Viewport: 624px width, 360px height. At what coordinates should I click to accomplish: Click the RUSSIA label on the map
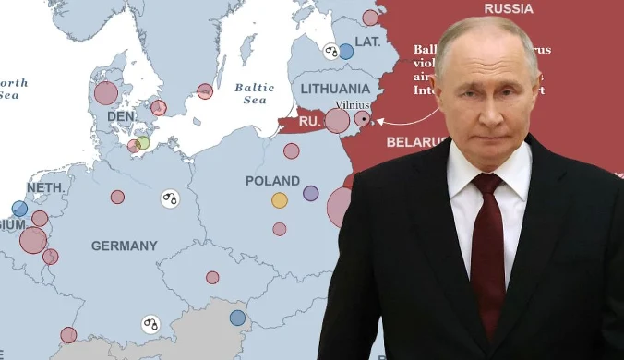pyautogui.click(x=508, y=8)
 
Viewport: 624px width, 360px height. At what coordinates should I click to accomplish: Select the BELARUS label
pyautogui.click(x=415, y=142)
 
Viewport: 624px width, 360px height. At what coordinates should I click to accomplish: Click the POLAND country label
pyautogui.click(x=272, y=181)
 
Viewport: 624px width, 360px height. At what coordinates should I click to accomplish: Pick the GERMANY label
pyautogui.click(x=124, y=246)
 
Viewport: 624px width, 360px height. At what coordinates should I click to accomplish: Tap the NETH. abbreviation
pyautogui.click(x=43, y=186)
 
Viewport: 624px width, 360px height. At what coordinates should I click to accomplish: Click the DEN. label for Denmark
pyautogui.click(x=121, y=117)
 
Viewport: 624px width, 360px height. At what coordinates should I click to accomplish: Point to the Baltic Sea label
pyautogui.click(x=254, y=93)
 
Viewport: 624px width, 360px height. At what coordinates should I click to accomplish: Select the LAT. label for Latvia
pyautogui.click(x=367, y=42)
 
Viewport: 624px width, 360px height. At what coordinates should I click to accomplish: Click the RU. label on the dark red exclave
pyautogui.click(x=308, y=120)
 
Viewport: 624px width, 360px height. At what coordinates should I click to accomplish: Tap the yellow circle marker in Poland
pyautogui.click(x=280, y=199)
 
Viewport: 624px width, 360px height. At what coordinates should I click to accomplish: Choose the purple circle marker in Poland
pyautogui.click(x=310, y=194)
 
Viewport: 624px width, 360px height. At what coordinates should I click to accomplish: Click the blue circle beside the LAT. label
pyautogui.click(x=345, y=52)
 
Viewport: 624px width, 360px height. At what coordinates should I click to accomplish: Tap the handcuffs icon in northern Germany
pyautogui.click(x=169, y=198)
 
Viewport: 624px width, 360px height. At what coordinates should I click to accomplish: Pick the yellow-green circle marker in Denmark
pyautogui.click(x=142, y=143)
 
